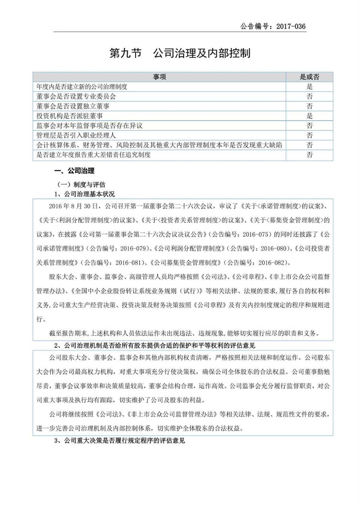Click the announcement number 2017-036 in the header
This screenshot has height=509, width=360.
point(291,26)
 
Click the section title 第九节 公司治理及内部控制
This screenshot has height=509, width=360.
point(180,53)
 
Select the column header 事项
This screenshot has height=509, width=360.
point(159,77)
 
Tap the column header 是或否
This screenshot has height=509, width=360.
point(309,77)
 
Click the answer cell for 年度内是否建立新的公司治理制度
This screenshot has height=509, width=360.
point(309,87)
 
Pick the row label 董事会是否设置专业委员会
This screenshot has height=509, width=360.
point(76,96)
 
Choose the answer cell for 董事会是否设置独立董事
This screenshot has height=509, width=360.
point(309,106)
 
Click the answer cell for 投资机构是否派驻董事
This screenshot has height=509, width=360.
point(309,116)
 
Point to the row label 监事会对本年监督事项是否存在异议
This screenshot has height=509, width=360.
point(89,126)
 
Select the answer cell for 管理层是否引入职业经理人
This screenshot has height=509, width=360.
point(309,135)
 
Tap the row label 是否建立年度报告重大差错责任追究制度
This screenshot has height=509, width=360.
point(93,155)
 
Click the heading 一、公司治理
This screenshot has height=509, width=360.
point(74,171)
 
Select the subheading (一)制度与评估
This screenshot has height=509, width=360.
point(81,184)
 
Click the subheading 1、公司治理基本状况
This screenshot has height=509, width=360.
point(85,194)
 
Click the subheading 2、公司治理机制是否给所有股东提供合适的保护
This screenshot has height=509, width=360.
point(154,346)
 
